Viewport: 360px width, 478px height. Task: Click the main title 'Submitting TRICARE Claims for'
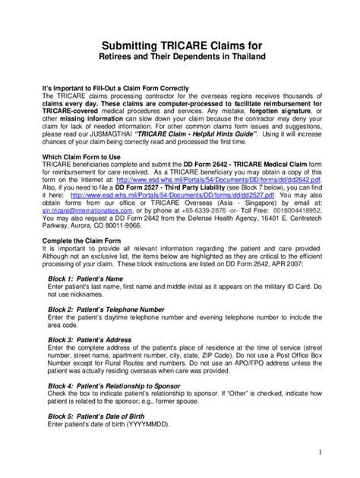(x=179, y=43)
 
